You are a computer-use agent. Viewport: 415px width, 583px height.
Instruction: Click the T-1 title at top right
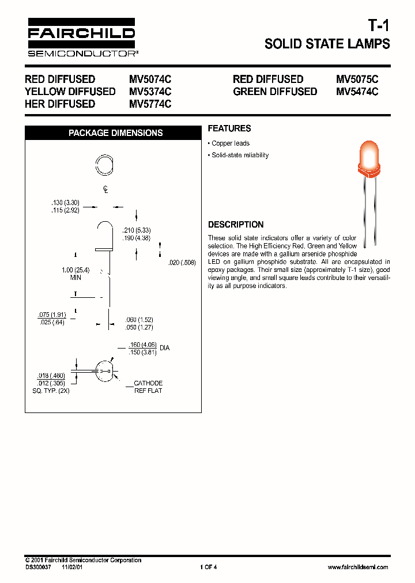[379, 26]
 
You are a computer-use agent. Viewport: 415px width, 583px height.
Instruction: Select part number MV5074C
[150, 79]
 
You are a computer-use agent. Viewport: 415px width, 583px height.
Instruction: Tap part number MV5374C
[150, 92]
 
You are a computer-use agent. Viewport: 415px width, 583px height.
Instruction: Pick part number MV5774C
[150, 104]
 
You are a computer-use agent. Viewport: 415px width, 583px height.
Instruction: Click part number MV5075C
[357, 79]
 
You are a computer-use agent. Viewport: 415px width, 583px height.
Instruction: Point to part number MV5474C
[357, 92]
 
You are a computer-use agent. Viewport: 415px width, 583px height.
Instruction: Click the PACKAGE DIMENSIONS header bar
[115, 133]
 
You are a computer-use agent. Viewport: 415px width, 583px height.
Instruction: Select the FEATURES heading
[229, 128]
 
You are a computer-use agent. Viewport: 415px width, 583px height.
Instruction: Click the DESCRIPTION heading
[236, 225]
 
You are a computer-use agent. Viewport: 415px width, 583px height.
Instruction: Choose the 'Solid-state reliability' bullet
[238, 156]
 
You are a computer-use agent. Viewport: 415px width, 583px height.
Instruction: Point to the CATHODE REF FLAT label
[148, 387]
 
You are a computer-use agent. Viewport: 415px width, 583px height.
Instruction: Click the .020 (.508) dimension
[182, 263]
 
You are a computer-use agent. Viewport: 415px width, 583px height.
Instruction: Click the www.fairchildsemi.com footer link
[357, 567]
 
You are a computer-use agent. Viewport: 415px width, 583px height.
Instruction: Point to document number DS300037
[39, 567]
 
